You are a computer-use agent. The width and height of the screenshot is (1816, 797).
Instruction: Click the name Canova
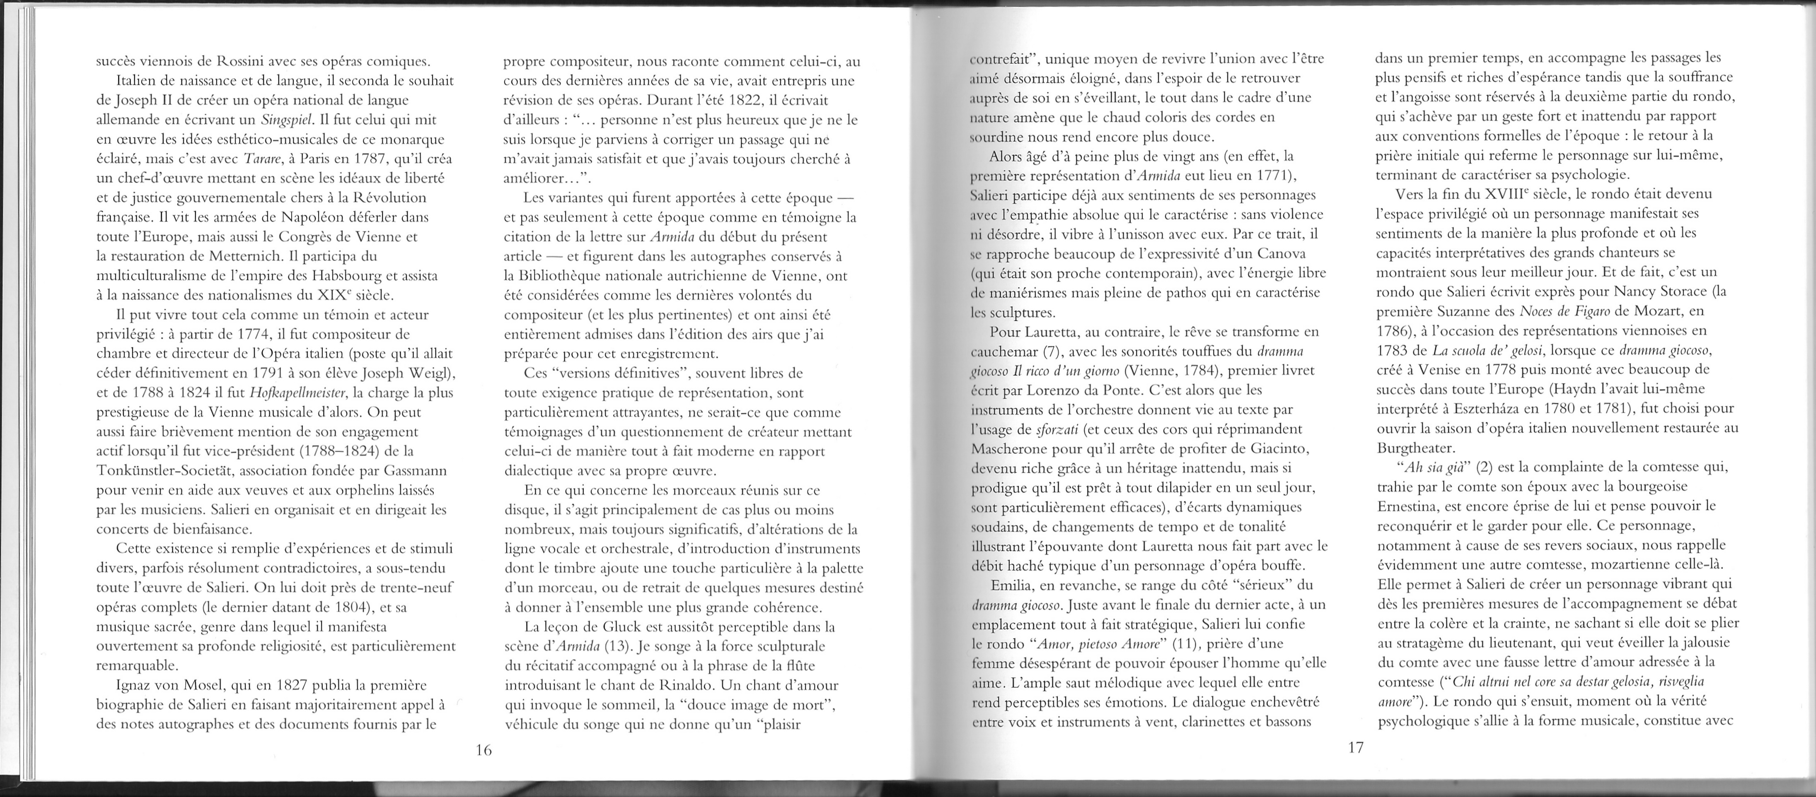click(1282, 253)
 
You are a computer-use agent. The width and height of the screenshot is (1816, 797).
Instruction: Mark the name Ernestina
click(1411, 506)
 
